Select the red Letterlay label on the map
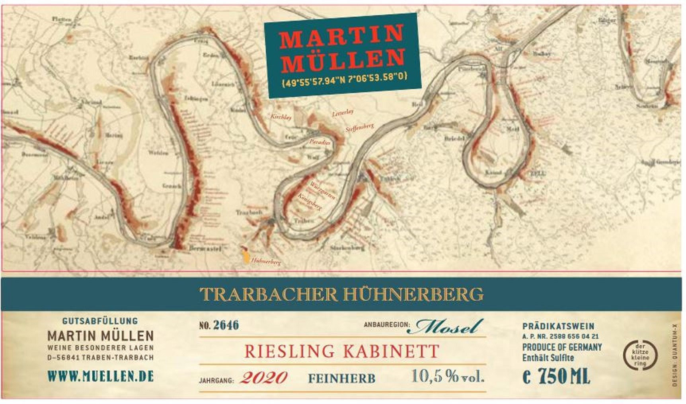coord(343,113)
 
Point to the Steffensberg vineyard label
coord(360,128)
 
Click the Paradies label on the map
coord(320,142)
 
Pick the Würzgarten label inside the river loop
coord(323,190)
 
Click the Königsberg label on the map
coord(310,201)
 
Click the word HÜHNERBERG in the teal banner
coord(413,294)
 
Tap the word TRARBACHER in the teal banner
coord(269,295)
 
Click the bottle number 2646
coord(226,325)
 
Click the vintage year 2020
coord(263,377)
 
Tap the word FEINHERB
coord(341,378)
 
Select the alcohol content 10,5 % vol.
coord(448,376)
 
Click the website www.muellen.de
coord(100,376)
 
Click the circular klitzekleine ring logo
coord(640,355)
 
